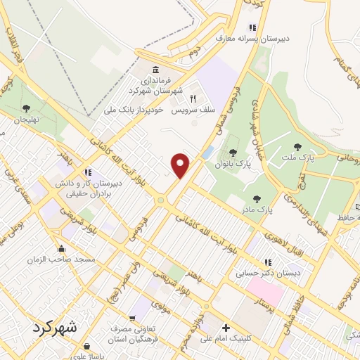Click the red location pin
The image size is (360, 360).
point(181,165)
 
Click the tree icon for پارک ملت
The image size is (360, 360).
point(298,148)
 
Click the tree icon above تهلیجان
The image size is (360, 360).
point(26,108)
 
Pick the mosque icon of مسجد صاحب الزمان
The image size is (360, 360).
point(63,248)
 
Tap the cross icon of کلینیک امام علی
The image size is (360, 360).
point(225,328)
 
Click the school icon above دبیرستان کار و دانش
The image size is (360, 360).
point(88,172)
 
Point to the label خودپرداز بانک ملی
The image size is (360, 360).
point(138,110)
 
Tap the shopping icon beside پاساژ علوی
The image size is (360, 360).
point(86,347)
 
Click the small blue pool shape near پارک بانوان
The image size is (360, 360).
point(207,152)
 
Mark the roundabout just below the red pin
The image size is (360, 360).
point(162,201)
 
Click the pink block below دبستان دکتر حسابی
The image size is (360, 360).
point(264,290)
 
